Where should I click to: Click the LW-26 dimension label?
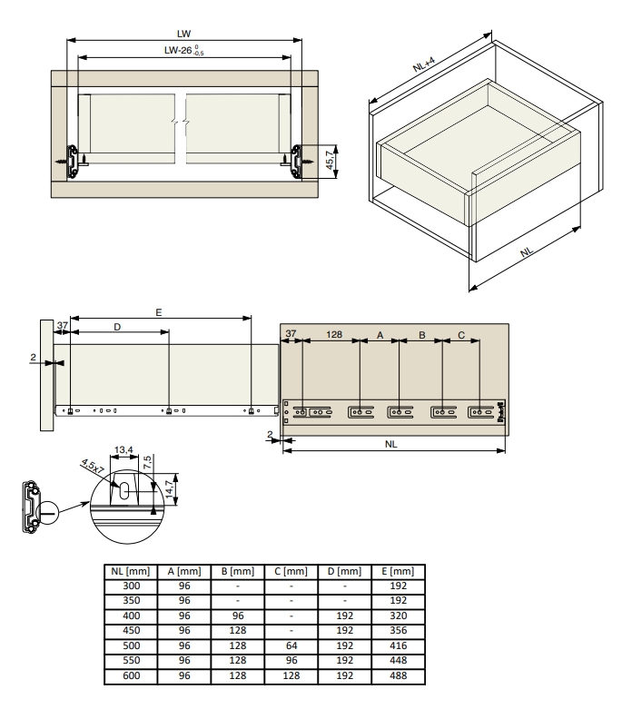point(183,50)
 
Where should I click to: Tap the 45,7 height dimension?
point(331,161)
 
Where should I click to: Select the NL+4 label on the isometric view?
point(424,64)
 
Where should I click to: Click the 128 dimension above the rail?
point(334,334)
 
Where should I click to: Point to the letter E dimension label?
point(158,312)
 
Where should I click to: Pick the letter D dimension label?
point(117,327)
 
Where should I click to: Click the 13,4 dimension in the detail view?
point(123,450)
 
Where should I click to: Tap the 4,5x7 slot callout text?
point(93,466)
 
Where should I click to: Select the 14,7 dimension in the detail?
point(170,489)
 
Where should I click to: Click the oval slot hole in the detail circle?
point(124,490)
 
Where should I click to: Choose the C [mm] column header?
point(291,572)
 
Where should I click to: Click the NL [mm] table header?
point(130,572)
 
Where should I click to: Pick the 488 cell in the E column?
point(398,675)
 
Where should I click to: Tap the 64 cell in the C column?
point(291,645)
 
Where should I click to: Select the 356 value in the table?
point(398,630)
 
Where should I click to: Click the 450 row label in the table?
point(131,630)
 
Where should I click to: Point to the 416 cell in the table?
point(398,645)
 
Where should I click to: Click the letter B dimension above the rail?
point(421,335)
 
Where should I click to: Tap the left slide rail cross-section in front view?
point(72,161)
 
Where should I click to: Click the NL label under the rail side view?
point(390,444)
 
